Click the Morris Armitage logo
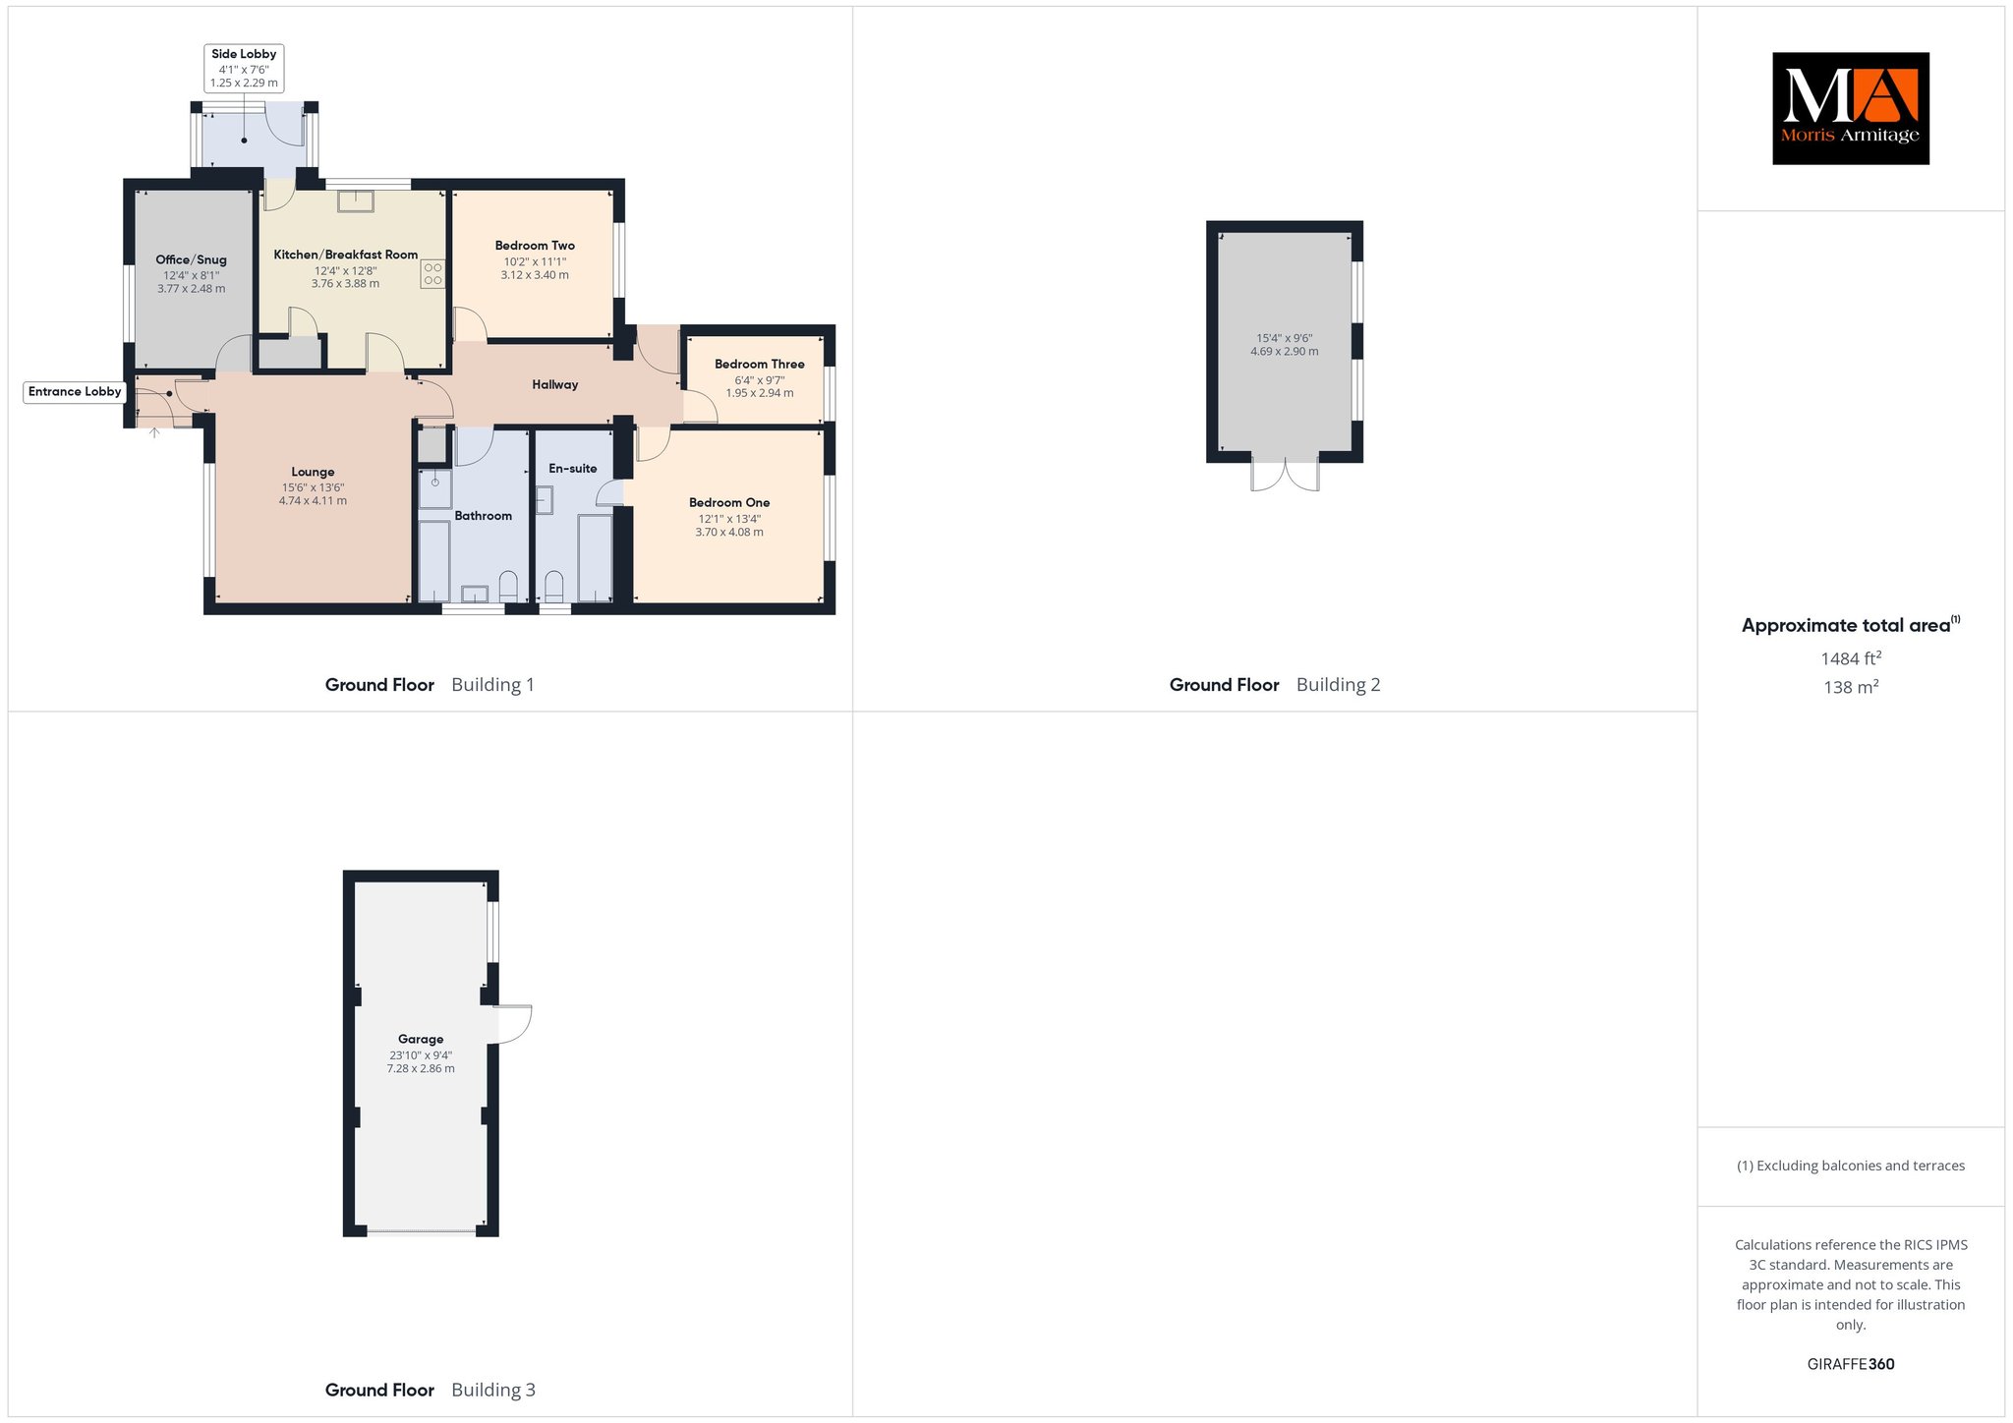(1850, 108)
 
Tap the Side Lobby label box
(244, 68)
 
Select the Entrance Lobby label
(75, 391)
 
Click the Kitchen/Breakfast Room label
(345, 255)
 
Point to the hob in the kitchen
(432, 273)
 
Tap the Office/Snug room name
(192, 259)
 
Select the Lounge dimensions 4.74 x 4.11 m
(313, 500)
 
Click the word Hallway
(555, 384)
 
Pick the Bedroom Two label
(535, 246)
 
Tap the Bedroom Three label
(760, 364)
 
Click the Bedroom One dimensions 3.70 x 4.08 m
(729, 532)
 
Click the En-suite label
(573, 468)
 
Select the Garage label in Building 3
(421, 1039)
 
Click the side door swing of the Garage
(514, 1024)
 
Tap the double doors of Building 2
(1285, 476)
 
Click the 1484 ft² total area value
(1851, 658)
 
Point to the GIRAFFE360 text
(1851, 1364)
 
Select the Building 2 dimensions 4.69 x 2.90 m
(1285, 351)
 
